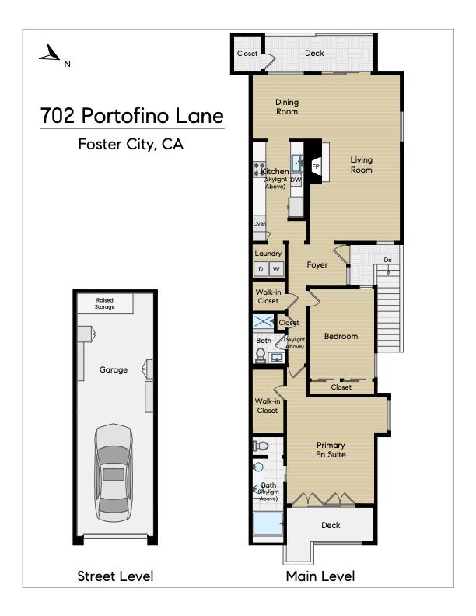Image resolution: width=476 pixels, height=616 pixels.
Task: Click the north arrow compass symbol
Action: [x=51, y=53]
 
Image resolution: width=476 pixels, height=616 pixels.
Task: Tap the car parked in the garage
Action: [x=114, y=473]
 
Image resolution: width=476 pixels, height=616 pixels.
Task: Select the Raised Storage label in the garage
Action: [x=104, y=303]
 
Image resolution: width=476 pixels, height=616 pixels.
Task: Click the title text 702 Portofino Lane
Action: [x=132, y=115]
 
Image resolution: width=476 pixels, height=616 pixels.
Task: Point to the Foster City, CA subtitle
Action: [x=131, y=144]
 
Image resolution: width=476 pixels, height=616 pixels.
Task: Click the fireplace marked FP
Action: [x=315, y=166]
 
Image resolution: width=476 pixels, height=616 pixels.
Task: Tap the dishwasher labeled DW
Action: [x=296, y=180]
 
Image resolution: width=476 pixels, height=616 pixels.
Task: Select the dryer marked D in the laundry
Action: [x=261, y=269]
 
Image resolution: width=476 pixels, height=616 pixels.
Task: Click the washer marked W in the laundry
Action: [x=276, y=269]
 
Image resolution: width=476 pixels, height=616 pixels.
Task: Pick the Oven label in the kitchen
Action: [x=259, y=223]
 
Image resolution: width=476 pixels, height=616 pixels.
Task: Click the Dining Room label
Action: [x=287, y=107]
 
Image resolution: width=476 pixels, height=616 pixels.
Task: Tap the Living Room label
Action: [x=362, y=165]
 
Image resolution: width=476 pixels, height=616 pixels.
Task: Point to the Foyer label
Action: [x=317, y=264]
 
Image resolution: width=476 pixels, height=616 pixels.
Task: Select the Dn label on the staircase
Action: [x=387, y=260]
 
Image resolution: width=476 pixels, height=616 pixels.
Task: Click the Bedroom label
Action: [x=341, y=336]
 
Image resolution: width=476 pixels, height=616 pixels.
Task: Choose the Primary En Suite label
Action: [x=331, y=450]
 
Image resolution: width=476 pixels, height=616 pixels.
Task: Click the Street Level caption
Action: [x=115, y=576]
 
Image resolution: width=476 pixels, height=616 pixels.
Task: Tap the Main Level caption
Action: [x=320, y=576]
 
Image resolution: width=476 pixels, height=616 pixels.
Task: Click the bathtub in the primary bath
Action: [x=268, y=523]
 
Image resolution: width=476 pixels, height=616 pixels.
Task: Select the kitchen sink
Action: [x=297, y=163]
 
